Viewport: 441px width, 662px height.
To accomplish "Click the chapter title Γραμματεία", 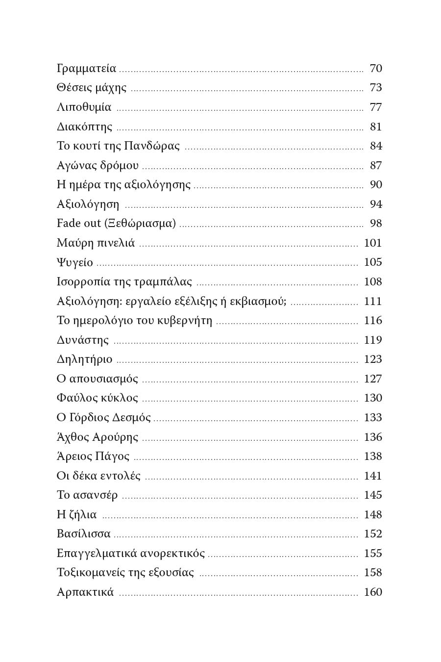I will click(x=86, y=69).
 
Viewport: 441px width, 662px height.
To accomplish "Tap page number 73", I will click(x=376, y=88).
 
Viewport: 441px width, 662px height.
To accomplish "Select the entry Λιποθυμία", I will click(x=84, y=107).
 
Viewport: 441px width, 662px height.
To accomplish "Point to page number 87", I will click(x=376, y=166).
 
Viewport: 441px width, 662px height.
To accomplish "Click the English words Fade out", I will click(x=79, y=224).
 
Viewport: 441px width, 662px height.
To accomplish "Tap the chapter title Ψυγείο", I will click(x=74, y=263).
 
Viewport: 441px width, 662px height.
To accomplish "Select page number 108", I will click(x=373, y=282).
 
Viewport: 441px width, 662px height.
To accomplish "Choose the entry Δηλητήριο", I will click(x=84, y=359).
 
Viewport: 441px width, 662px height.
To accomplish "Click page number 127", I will click(x=373, y=379).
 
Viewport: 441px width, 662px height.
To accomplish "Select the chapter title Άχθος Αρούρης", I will click(x=98, y=437).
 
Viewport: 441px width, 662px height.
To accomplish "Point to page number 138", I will click(x=373, y=457).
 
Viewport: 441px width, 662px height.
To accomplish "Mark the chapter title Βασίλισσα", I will click(x=83, y=534).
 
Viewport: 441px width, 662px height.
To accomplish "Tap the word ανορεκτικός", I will click(x=172, y=554).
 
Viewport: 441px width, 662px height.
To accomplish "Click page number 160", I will click(x=373, y=592).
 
